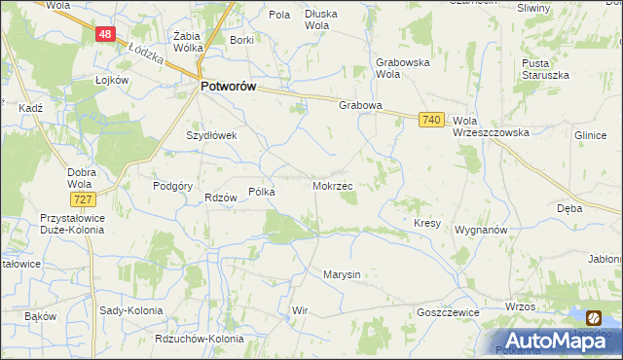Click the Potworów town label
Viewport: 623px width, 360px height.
point(228,87)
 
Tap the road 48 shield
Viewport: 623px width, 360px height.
point(106,34)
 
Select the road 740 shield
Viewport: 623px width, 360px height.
point(433,119)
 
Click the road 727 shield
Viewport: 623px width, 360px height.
point(83,198)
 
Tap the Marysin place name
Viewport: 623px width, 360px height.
point(342,274)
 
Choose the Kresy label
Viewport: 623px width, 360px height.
point(427,223)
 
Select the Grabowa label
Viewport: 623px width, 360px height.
point(360,105)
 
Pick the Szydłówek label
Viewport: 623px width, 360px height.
point(212,136)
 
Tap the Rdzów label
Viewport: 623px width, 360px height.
point(222,198)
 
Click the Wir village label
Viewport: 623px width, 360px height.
point(300,311)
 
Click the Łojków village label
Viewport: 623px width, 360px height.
point(113,80)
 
